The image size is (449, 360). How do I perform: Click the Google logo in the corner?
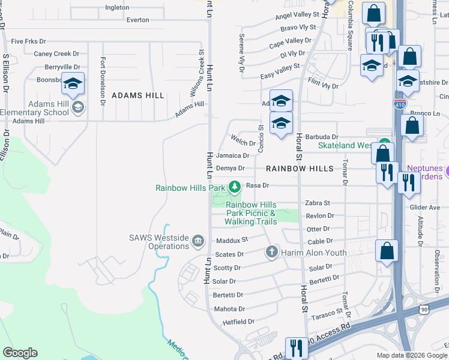pos(20,353)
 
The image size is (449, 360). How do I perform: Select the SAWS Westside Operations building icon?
pos(197,241)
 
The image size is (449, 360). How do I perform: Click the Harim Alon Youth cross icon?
pos(271,252)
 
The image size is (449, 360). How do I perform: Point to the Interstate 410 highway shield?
pos(400,104)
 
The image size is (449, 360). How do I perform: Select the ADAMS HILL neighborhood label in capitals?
pos(137,95)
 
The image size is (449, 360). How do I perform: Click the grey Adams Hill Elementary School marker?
pos(77,107)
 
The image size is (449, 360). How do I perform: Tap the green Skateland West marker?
pos(383,145)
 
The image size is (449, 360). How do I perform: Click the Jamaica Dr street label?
pos(232,155)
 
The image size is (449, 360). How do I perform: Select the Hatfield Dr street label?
pos(230,322)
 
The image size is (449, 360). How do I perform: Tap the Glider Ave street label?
pos(426,208)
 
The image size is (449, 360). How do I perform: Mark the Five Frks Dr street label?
pos(28,41)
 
